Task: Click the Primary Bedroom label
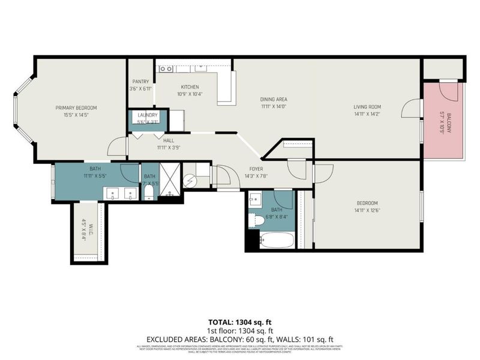pyautogui.click(x=76, y=107)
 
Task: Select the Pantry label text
pyautogui.click(x=141, y=82)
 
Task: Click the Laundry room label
pyautogui.click(x=148, y=115)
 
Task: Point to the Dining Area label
pyautogui.click(x=274, y=99)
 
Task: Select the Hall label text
pyautogui.click(x=169, y=140)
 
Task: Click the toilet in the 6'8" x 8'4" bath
pyautogui.click(x=257, y=220)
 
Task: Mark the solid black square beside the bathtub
pyautogui.click(x=251, y=241)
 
